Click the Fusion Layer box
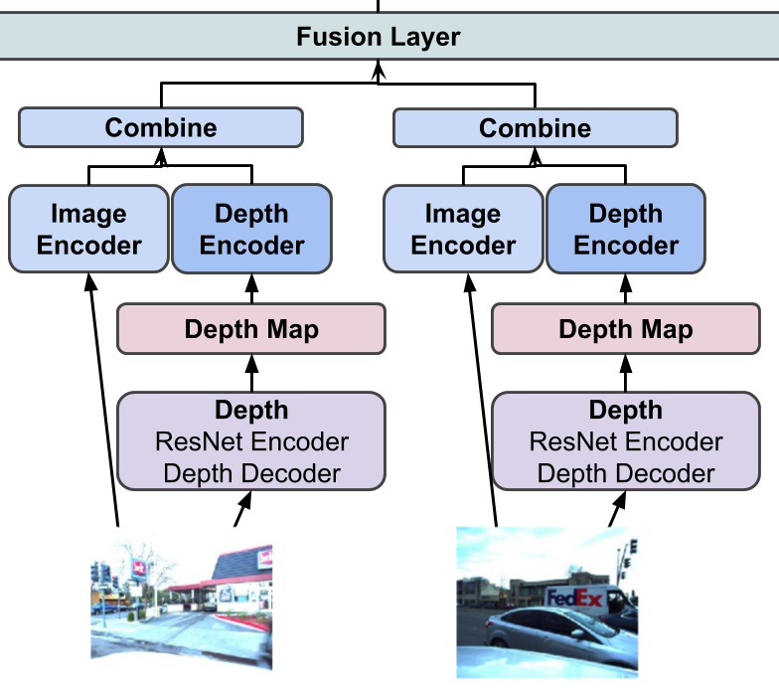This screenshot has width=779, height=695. pos(379,38)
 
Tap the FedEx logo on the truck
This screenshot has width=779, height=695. pos(575,598)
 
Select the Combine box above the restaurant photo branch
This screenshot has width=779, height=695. pos(160,127)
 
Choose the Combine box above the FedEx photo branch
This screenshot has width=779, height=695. pos(535,127)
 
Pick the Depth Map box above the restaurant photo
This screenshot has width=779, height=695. pos(251,330)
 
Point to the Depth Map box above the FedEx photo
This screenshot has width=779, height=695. pos(625,330)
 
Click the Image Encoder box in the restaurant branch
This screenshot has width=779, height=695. pos(89,230)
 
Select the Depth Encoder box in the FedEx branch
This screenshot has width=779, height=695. pos(625,230)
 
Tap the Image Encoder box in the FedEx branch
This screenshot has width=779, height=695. pos(463,230)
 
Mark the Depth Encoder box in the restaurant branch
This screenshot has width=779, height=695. pos(251,230)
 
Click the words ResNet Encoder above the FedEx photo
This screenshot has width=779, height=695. pos(626,441)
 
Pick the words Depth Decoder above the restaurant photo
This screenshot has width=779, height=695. pos(251,473)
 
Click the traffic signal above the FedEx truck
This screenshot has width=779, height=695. pos(633,547)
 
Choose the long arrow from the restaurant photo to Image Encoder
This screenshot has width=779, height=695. pos(102,398)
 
